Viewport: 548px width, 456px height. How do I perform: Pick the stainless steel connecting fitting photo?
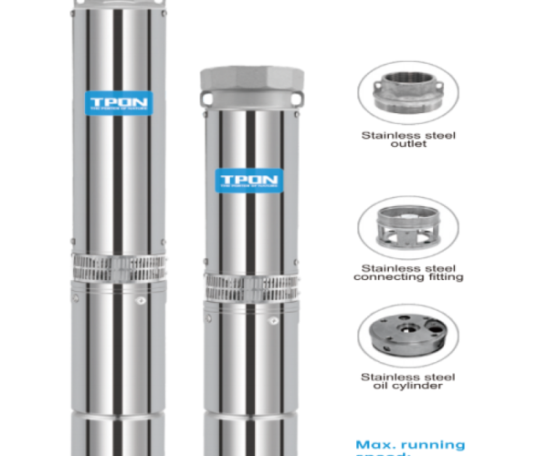click(408, 228)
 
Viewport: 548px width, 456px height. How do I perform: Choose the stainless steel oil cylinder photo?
click(408, 337)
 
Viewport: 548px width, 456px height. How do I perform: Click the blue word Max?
click(373, 445)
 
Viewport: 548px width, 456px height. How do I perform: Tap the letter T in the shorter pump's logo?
click(222, 178)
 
